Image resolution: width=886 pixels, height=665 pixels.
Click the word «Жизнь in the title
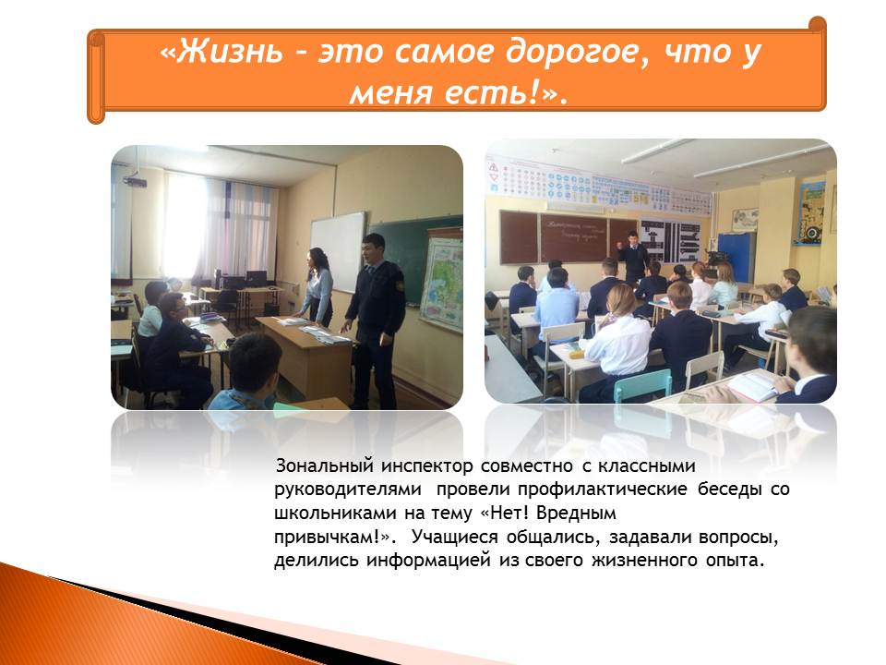click(221, 52)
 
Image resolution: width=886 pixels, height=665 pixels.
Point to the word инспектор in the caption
click(426, 467)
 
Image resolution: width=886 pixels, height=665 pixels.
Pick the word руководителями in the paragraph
click(348, 490)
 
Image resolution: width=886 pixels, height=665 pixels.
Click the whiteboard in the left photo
click(338, 250)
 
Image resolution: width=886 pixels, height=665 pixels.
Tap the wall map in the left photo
click(441, 285)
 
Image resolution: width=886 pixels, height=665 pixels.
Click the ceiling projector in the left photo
click(135, 181)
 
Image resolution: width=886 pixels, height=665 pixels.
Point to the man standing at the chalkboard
click(633, 258)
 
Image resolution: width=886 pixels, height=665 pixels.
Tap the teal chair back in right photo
click(642, 384)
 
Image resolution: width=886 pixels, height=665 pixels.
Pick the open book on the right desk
click(752, 387)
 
